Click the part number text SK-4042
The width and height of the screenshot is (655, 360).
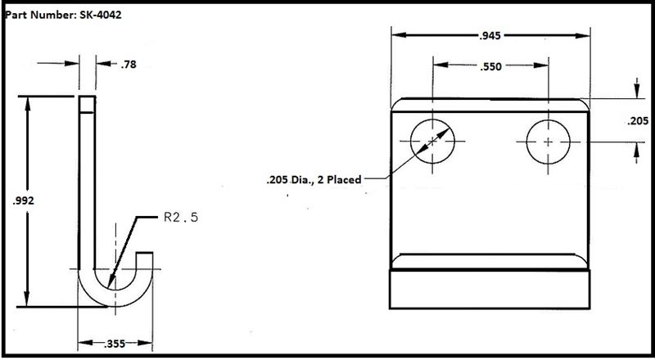101,16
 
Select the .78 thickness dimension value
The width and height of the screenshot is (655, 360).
129,65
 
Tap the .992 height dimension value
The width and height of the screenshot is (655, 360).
24,201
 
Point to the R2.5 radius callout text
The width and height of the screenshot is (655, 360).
180,218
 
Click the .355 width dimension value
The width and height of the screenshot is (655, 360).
115,344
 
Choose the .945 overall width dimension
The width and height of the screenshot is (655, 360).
490,36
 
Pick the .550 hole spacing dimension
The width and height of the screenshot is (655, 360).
490,66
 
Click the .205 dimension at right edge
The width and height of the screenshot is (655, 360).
638,121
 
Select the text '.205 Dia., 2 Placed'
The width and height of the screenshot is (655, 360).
314,180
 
